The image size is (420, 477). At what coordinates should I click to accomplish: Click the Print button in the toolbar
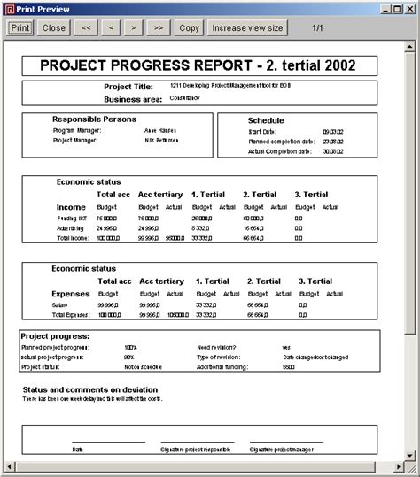(20, 27)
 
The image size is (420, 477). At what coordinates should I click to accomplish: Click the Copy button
(190, 27)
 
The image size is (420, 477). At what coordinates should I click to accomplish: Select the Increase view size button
(248, 27)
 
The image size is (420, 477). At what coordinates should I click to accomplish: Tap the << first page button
(86, 27)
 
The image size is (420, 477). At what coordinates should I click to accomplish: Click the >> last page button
(158, 27)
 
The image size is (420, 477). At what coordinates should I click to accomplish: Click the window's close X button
(410, 8)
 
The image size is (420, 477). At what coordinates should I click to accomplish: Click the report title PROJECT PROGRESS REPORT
(197, 65)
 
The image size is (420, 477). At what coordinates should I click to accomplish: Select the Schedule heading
(266, 120)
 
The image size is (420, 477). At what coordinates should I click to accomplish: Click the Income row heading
(71, 207)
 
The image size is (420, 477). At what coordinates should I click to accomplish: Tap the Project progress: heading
(55, 336)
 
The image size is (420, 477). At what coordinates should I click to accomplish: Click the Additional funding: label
(222, 366)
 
